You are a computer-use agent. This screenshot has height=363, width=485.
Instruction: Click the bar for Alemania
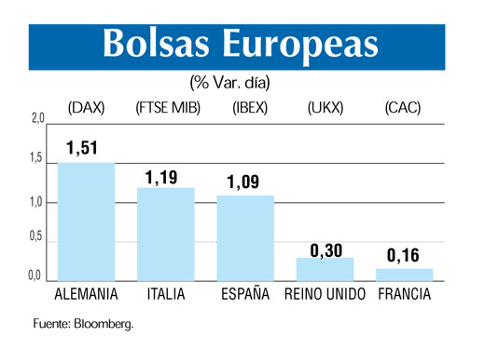87,222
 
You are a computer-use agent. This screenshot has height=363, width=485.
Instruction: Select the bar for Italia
166,234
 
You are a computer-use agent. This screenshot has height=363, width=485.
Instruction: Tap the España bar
245,237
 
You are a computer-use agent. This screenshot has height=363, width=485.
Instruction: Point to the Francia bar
404,275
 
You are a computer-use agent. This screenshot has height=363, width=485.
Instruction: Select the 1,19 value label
165,175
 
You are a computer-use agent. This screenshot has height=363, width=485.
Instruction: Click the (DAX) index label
86,108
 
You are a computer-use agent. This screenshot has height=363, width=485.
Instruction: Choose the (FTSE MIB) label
166,108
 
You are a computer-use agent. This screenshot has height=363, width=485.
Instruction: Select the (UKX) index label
325,108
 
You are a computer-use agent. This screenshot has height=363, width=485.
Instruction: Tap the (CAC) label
403,108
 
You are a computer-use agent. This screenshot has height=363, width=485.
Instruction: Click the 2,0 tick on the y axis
37,119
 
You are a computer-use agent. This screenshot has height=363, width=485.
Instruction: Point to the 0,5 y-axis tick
36,236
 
